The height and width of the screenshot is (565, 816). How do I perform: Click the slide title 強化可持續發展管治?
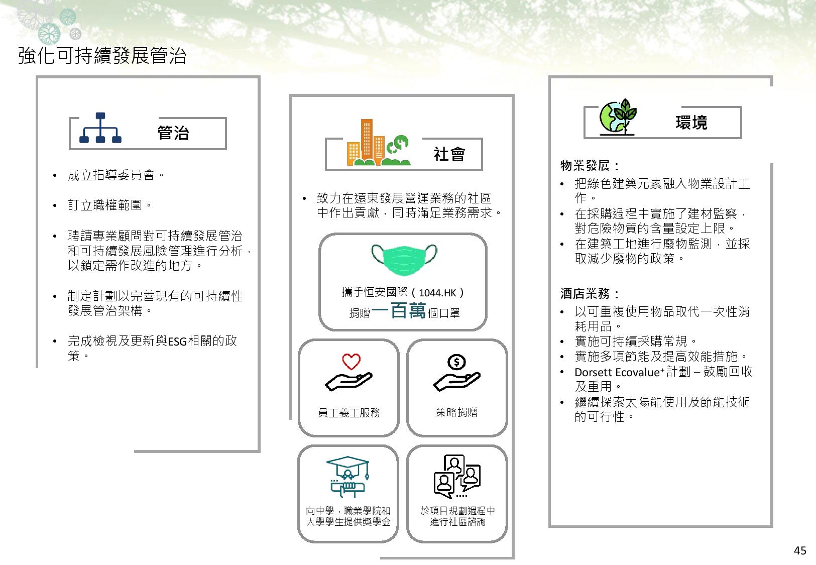click(102, 55)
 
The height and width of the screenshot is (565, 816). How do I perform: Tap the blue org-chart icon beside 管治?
click(100, 128)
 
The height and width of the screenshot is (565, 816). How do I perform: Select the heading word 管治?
click(173, 133)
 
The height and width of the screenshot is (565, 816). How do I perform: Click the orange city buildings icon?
click(378, 142)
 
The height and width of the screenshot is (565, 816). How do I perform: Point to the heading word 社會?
click(449, 154)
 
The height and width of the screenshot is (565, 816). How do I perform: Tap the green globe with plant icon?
click(618, 117)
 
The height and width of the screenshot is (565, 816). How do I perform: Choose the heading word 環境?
click(691, 123)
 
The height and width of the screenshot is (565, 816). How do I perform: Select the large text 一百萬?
click(399, 311)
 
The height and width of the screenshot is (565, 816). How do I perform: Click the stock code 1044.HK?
click(437, 293)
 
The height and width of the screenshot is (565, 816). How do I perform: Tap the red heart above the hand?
click(351, 362)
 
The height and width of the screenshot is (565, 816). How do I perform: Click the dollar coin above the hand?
click(456, 362)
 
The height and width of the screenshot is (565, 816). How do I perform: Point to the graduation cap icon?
click(348, 477)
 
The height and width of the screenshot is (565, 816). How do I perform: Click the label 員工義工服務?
click(348, 413)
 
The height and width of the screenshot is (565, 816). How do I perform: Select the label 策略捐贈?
click(457, 412)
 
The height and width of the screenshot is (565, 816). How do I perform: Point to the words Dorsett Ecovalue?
click(617, 372)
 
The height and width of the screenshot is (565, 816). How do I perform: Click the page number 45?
click(800, 550)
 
